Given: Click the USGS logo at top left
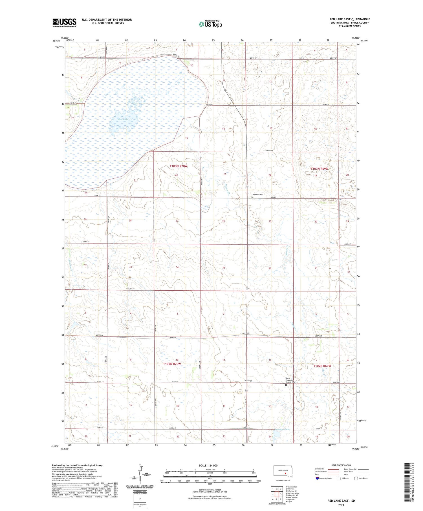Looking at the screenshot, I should pos(64,23).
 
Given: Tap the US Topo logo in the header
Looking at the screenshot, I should pos(210,24).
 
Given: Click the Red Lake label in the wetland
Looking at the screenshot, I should pos(123,119).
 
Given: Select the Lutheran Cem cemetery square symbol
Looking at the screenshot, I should pos(252,198).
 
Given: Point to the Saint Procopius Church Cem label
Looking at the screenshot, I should pos(290,380).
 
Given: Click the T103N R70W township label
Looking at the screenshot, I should pos(179,166).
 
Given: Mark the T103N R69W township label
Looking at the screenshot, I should pos(320,169).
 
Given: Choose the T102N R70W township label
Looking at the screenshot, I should pos(172,364).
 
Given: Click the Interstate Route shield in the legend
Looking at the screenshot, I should pos(317,478).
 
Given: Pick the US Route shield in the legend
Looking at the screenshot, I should pos(339,478).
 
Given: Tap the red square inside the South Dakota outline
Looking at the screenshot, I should pos(285,474).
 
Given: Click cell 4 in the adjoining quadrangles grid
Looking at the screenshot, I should pos(273,494).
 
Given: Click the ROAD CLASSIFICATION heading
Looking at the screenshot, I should pos(341,465).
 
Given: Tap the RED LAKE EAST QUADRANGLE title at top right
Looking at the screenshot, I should pos(350,19).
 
